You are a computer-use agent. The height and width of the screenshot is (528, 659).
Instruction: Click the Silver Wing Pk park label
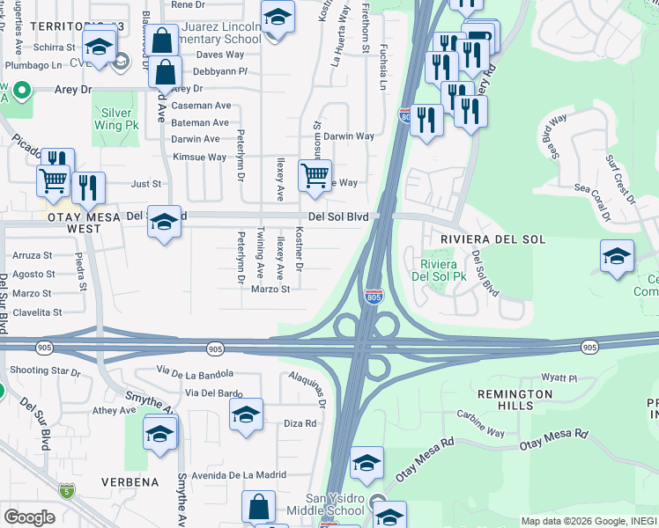pos(117,120)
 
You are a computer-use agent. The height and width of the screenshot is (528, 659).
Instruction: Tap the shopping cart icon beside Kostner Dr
pos(315,176)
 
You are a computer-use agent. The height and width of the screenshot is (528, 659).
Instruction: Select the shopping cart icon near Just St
pos(54,181)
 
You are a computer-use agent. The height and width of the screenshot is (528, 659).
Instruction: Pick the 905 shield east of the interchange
pos(589,348)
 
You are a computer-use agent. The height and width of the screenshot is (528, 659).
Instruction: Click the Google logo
pos(29,517)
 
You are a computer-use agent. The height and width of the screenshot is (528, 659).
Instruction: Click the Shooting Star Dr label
pos(45,371)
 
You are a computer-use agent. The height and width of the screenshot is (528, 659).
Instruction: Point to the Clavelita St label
pos(36,312)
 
